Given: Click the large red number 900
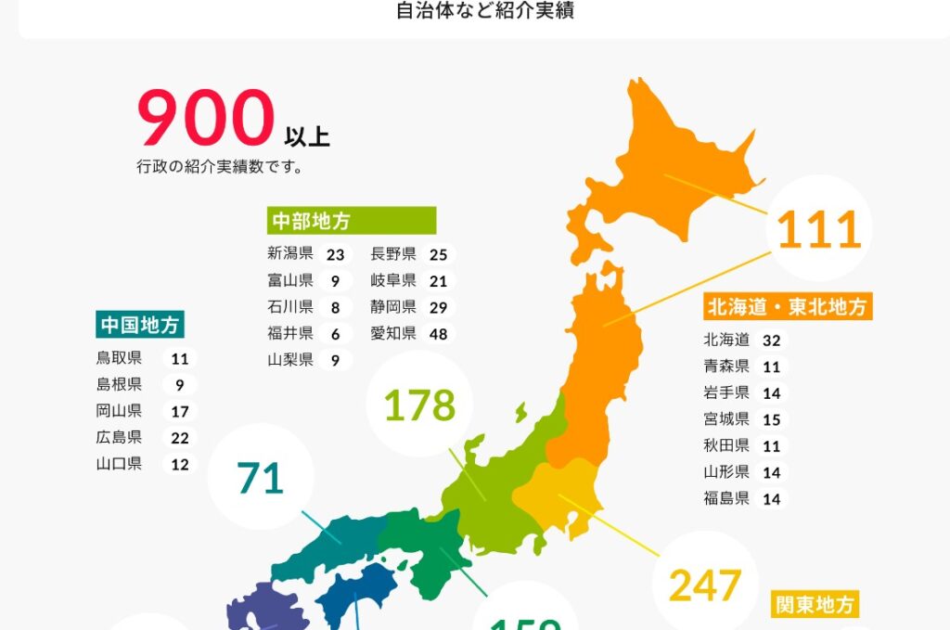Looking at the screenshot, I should tap(206, 120).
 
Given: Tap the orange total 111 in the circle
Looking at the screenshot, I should tap(819, 229).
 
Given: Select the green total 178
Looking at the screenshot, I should tap(419, 405).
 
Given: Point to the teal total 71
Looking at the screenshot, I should tap(260, 479).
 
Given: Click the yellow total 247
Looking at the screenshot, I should tap(705, 585).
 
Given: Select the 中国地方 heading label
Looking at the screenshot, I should tap(140, 325).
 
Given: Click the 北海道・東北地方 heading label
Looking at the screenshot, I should tap(788, 307).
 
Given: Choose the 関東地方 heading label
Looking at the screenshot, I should tap(814, 606).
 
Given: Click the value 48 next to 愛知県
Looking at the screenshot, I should tap(437, 333).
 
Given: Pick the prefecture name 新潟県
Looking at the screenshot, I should tap(290, 254).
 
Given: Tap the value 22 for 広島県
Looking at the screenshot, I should tap(179, 437).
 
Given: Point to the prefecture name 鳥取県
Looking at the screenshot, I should tap(119, 358).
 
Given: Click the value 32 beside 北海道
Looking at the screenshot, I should tap(771, 341).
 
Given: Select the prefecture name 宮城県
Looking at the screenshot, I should tap(726, 419).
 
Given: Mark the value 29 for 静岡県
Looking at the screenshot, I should tap(437, 307).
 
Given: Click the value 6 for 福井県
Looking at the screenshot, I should tap(334, 333).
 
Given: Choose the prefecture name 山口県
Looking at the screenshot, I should tap(119, 464).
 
